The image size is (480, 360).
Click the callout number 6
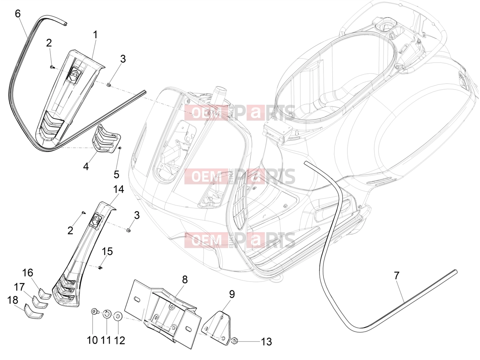click(18, 14)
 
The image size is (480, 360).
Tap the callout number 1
click(95, 35)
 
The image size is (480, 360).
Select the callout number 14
click(118, 189)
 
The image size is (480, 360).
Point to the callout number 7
click(397, 276)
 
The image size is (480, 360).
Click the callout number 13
click(266, 342)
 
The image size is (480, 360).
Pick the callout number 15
click(107, 252)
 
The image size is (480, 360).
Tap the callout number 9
click(232, 294)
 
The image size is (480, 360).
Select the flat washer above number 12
click(118, 316)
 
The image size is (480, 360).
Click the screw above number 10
click(95, 311)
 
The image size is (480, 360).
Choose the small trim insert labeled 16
click(45, 293)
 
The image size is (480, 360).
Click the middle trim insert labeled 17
click(39, 302)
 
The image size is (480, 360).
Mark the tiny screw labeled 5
click(120, 148)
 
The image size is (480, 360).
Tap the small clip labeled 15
click(100, 268)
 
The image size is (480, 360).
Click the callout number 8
click(185, 280)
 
